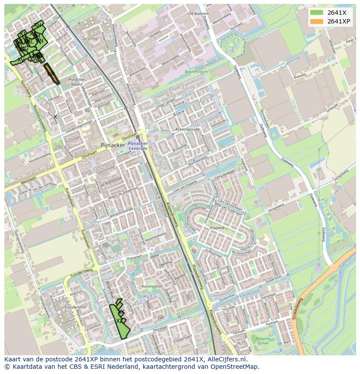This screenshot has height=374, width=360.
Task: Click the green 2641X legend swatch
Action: tap(317, 13)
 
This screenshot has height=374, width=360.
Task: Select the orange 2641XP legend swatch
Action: tap(317, 21)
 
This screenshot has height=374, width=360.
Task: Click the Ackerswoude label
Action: tap(187, 129)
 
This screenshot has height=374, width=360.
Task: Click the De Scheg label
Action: tap(90, 39)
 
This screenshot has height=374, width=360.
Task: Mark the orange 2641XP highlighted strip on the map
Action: tap(51, 74)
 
